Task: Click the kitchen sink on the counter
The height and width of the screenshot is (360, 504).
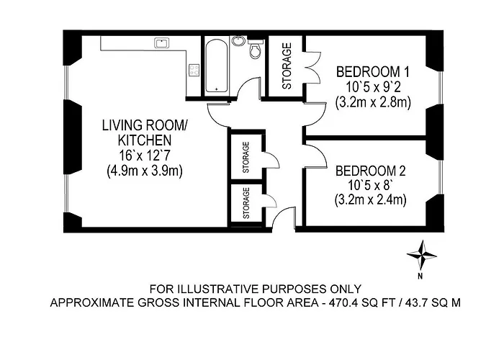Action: [x=162, y=43]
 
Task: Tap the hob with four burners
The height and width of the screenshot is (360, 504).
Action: [x=194, y=71]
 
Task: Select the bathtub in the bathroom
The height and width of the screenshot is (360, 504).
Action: [x=216, y=66]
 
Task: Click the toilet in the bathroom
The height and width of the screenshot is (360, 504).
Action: [x=256, y=48]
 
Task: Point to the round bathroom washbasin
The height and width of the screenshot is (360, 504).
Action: [x=238, y=41]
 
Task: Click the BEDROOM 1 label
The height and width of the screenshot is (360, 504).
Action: [x=373, y=72]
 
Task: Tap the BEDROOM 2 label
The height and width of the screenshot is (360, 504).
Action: [x=370, y=171]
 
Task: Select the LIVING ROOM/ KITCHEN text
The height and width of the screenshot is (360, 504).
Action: [x=144, y=132]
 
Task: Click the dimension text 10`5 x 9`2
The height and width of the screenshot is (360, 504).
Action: [x=373, y=87]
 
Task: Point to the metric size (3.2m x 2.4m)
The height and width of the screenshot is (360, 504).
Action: [x=370, y=200]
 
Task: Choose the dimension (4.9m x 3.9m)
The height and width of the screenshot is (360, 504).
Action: [x=145, y=171]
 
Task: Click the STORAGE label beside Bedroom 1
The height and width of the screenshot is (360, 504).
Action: [x=287, y=66]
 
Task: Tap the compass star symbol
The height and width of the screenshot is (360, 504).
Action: [x=421, y=255]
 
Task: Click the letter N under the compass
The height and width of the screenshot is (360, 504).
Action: [x=420, y=276]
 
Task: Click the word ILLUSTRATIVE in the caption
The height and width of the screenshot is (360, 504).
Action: [x=211, y=289]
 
